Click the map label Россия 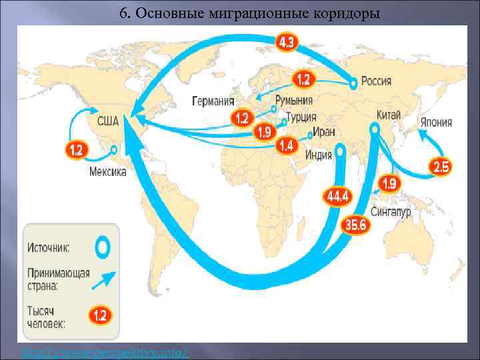tap(376, 81)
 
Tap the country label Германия tap(213, 102)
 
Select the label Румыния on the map tap(294, 101)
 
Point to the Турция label tap(301, 117)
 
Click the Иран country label tap(324, 133)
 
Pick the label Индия tap(319, 157)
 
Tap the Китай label tap(388, 115)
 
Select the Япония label tap(436, 123)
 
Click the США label tap(107, 121)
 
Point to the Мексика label tap(107, 172)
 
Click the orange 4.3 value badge tap(288, 43)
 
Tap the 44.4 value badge tap(337, 196)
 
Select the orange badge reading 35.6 tap(355, 225)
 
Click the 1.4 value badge tap(287, 146)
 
